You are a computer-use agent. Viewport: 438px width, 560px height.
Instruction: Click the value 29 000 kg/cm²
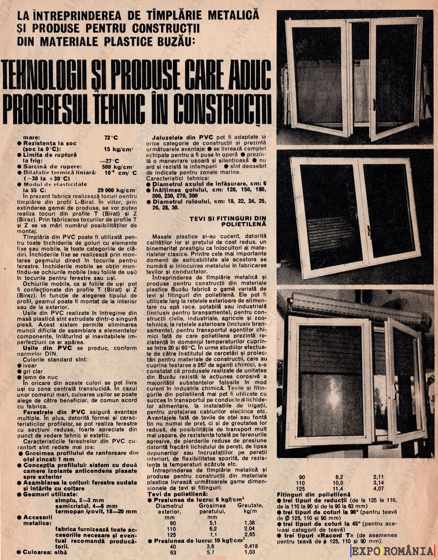pyautogui.click(x=117, y=190)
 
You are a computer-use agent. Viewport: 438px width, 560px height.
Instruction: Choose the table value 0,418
pyautogui.click(x=250, y=546)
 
